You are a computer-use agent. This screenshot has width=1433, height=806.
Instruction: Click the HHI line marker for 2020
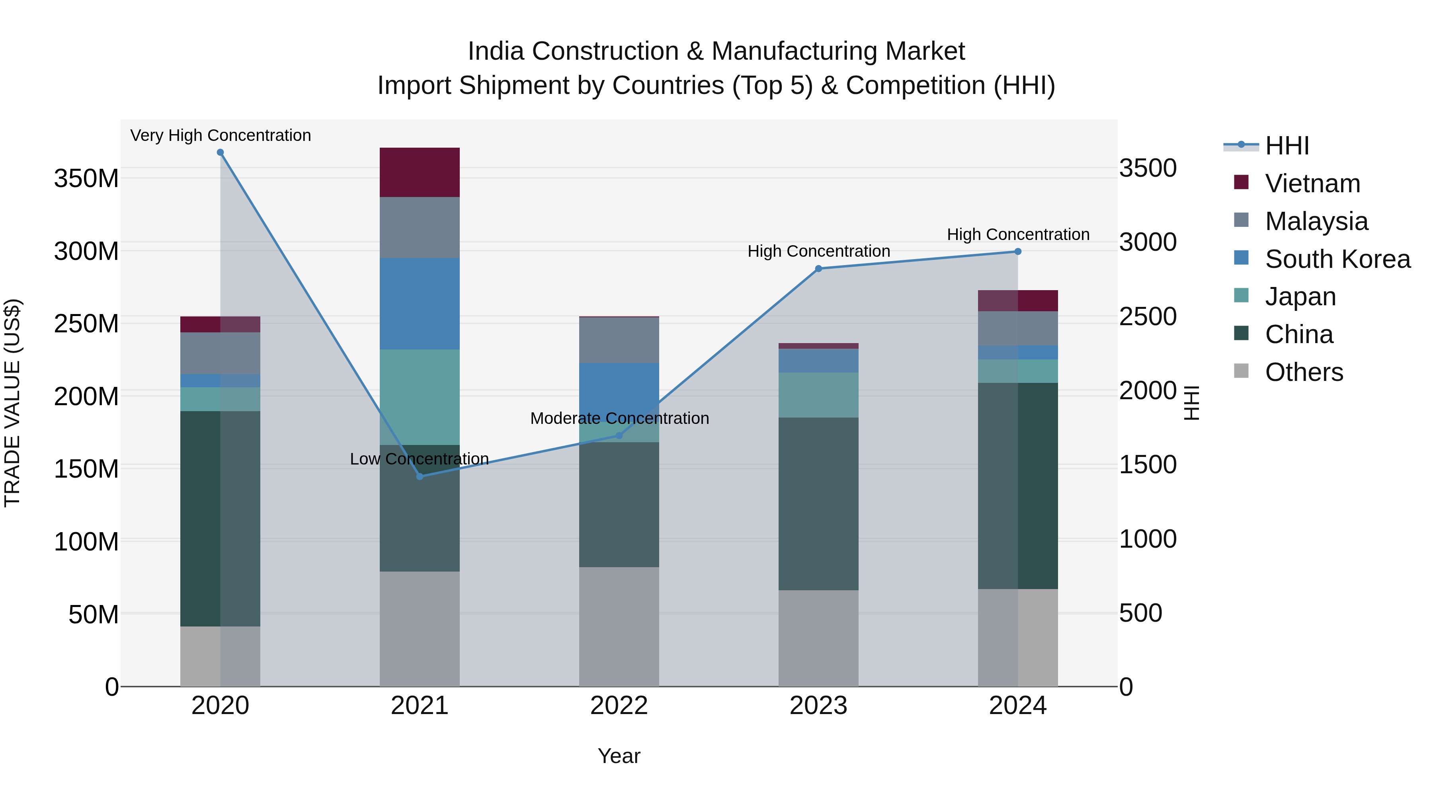220,152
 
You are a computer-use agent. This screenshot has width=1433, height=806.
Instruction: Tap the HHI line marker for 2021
420,477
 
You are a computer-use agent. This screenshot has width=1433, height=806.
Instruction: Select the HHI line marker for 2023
818,269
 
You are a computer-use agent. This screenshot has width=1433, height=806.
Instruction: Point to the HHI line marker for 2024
1018,252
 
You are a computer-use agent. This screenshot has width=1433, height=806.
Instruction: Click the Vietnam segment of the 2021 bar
420,172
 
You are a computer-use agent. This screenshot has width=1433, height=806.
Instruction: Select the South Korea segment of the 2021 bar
420,304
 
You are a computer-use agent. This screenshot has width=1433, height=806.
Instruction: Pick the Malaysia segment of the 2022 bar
619,340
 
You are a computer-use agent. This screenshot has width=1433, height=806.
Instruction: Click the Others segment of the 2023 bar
818,638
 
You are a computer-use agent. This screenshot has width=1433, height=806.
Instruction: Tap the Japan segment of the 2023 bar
818,395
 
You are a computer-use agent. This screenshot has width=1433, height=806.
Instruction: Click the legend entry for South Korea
1337,259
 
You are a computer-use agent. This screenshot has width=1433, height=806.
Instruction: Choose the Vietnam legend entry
1312,183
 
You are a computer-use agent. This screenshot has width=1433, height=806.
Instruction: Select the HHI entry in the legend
1287,146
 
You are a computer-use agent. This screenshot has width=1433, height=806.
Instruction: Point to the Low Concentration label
420,459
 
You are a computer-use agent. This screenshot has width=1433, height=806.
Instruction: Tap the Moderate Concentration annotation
620,418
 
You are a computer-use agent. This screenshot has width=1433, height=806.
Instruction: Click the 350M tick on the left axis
86,179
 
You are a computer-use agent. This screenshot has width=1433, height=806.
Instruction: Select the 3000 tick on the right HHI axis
1148,242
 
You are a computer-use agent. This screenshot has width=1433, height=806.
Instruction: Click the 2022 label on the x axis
619,706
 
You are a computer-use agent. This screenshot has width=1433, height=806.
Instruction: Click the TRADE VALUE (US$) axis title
12,403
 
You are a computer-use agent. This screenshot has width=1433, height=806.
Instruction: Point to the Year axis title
619,756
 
